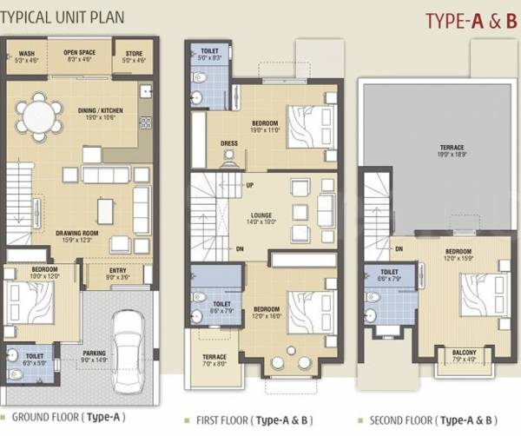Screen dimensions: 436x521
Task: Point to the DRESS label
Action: coord(228,144)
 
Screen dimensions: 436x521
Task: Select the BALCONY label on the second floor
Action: coord(465,354)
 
